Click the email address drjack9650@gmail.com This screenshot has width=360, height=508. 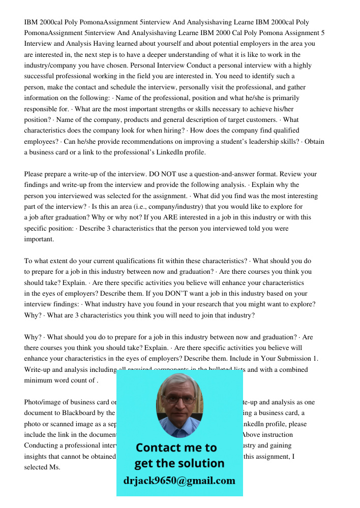coord(179,481)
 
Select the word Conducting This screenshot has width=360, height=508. coord(45,446)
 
